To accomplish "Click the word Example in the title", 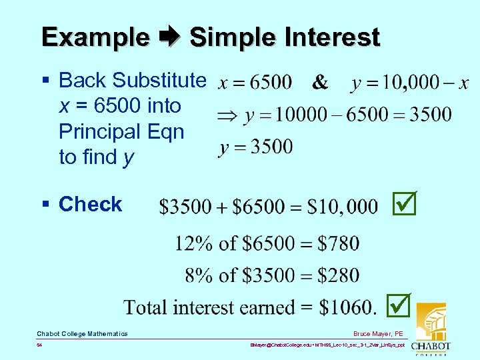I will coord(95,37).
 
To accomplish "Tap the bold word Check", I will coord(90,204).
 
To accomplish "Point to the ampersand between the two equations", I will coord(320,82).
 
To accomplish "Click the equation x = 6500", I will coord(255,83).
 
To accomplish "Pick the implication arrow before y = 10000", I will coord(227,115).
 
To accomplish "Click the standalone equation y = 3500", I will coord(255,146).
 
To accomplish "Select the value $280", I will coord(338,275).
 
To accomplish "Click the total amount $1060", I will coord(345,307).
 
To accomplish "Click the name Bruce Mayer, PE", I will coord(379,333).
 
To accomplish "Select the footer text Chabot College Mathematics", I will coord(82,333).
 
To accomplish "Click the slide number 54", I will coord(40,346).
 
